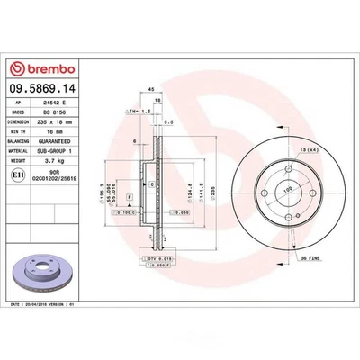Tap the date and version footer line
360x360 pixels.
(54, 305)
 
